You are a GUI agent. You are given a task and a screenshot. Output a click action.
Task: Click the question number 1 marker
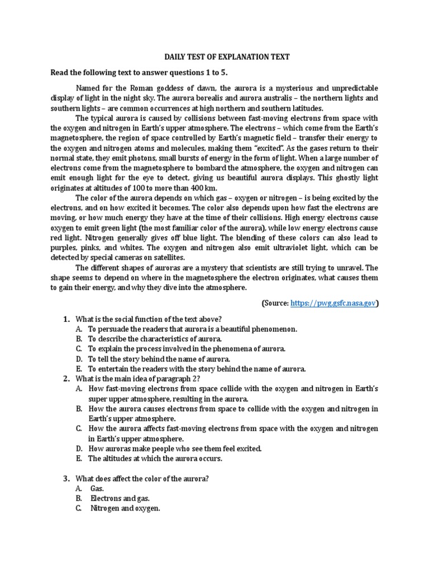point(66,319)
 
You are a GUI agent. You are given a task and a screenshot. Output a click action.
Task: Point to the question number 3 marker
point(66,479)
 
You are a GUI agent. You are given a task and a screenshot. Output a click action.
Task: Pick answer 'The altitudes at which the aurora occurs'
point(155,459)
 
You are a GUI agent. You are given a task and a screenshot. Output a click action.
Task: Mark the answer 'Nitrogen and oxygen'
point(125,509)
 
